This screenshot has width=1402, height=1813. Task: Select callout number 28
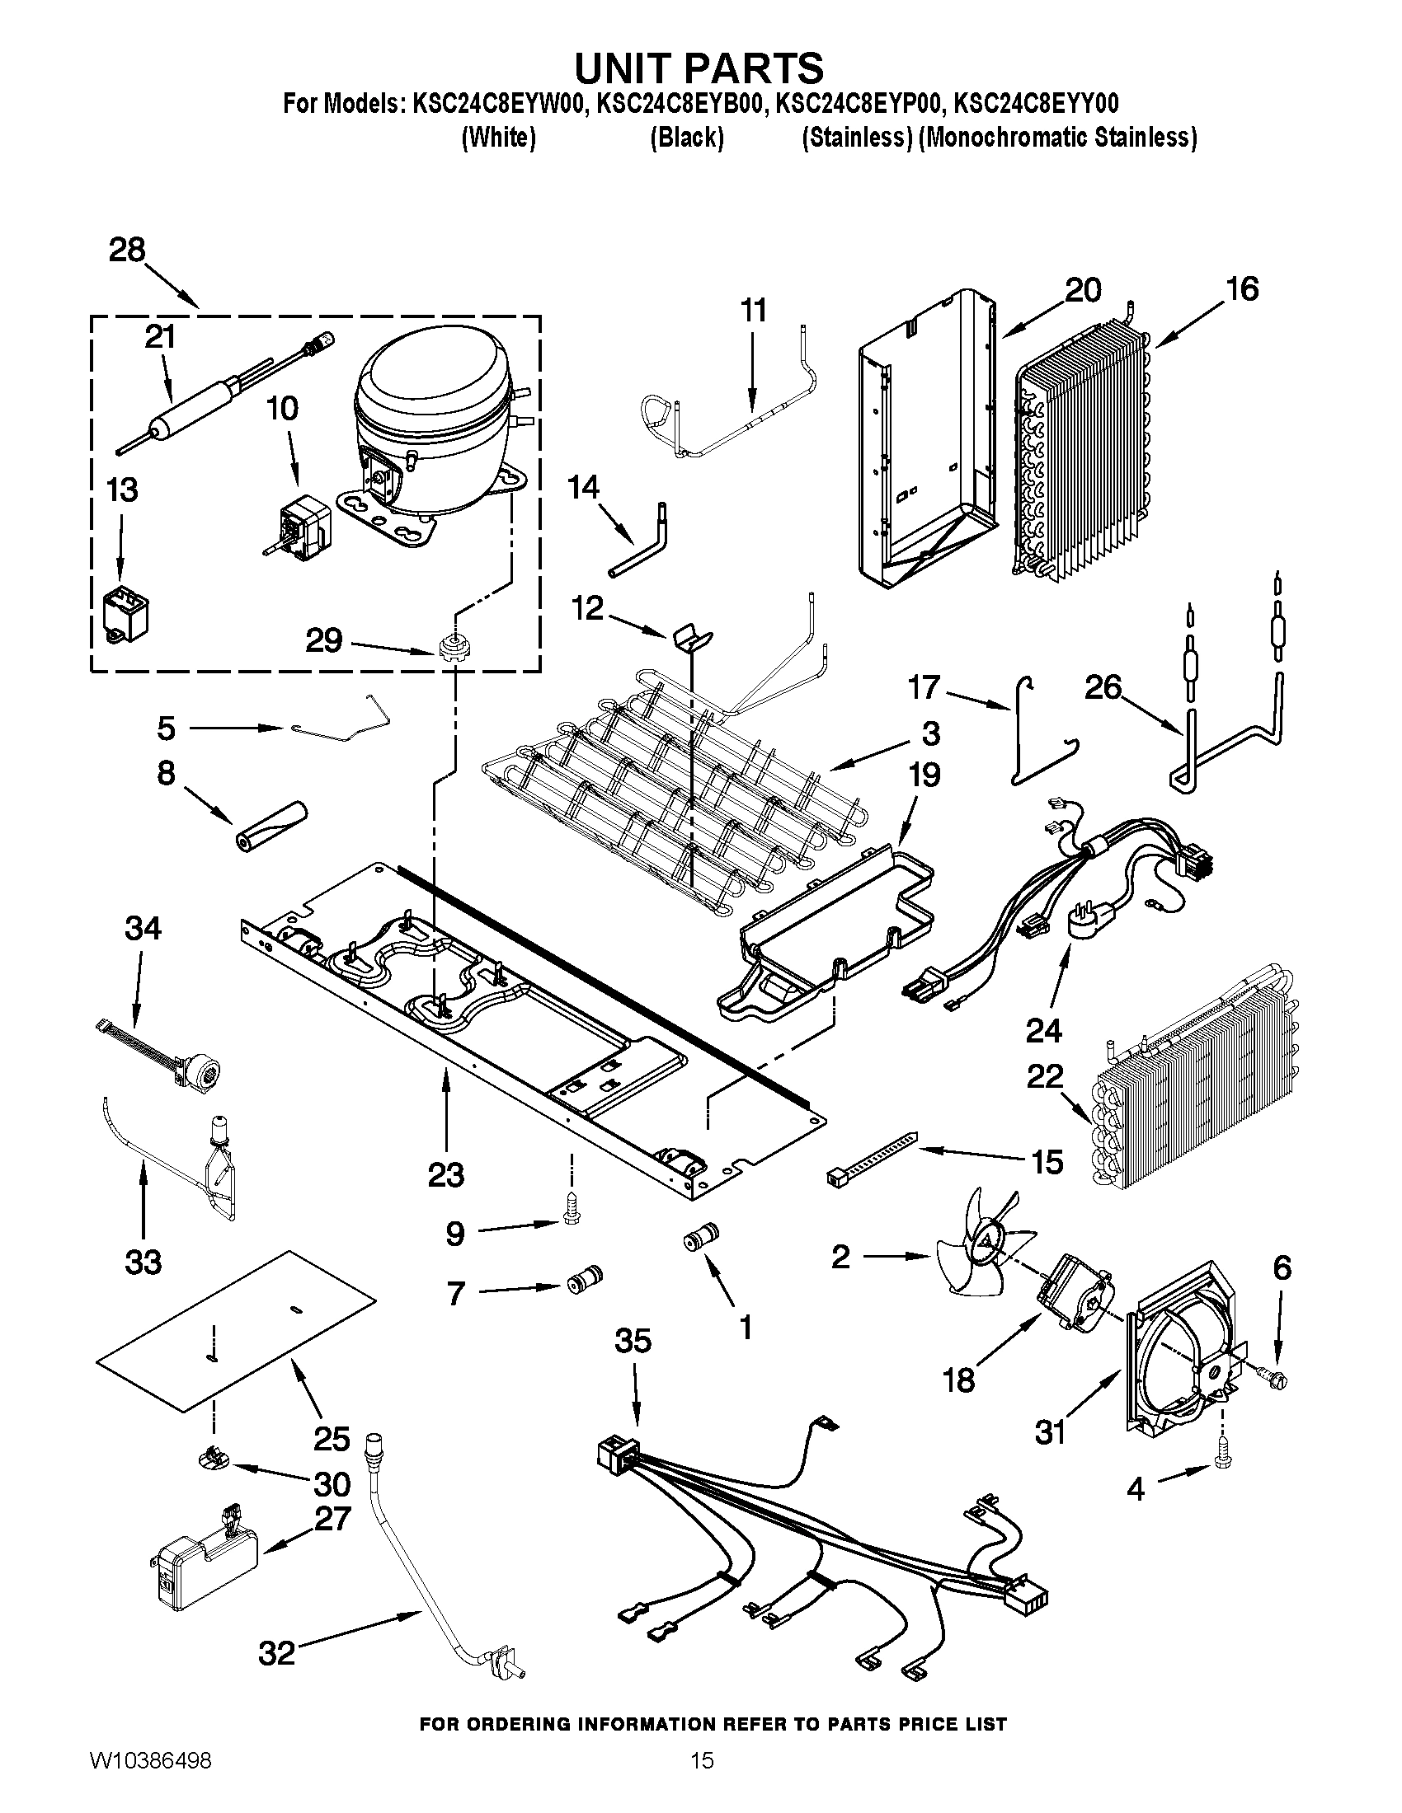tap(127, 250)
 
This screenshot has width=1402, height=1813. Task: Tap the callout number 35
tap(633, 1341)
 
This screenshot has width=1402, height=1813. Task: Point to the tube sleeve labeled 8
tap(270, 826)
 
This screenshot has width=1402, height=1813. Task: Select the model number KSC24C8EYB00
tap(681, 104)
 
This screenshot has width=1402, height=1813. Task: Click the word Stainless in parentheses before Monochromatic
tap(857, 138)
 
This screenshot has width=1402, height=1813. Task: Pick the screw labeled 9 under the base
tap(571, 1215)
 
